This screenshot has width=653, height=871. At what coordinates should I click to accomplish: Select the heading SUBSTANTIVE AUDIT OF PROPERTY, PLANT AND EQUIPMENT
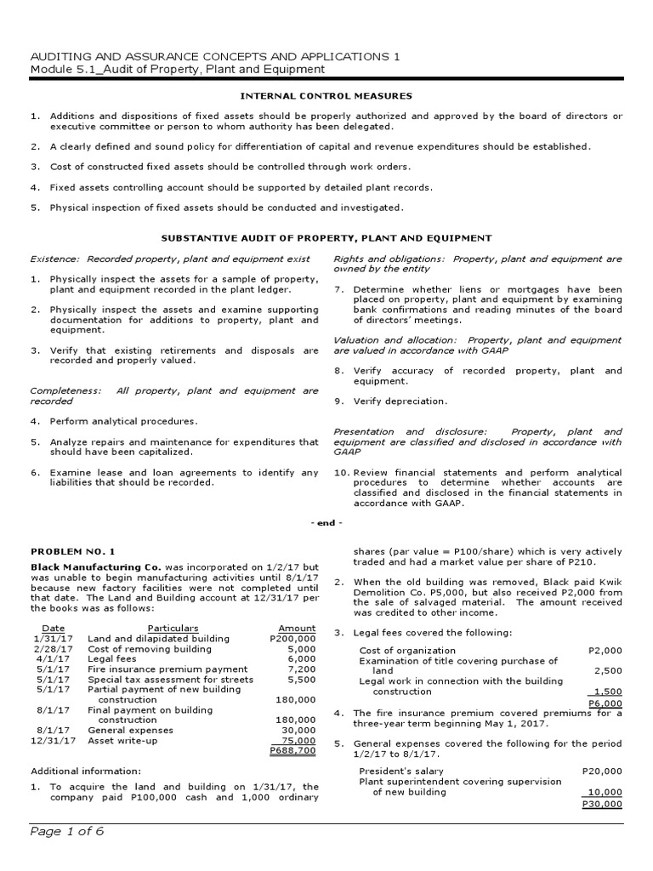click(x=326, y=238)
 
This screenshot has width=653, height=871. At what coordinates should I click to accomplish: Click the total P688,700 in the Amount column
click(x=292, y=751)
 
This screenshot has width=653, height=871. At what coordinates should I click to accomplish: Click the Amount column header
click(x=297, y=628)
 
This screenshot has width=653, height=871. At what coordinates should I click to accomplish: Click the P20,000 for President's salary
click(x=605, y=770)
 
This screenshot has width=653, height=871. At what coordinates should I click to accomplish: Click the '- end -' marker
click(x=326, y=523)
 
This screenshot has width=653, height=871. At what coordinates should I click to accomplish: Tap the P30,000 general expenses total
click(x=605, y=803)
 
